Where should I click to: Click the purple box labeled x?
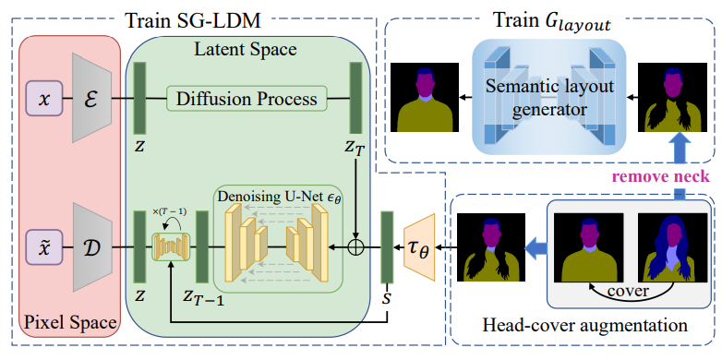coord(44,99)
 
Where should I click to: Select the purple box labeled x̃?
coord(44,247)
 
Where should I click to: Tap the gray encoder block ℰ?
coord(92,98)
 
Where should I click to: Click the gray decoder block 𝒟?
coord(92,247)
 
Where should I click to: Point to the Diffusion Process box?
coord(247,98)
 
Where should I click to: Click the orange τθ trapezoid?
coord(419,247)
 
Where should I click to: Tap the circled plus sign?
coord(356,247)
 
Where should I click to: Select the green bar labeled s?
coord(387,247)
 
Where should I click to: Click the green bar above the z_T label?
coord(356,98)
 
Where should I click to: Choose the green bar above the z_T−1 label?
coord(202,246)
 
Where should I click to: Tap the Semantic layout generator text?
coord(549,97)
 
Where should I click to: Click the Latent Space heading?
coord(246,48)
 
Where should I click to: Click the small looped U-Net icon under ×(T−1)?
coord(171,246)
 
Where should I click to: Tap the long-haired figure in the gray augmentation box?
coord(671,247)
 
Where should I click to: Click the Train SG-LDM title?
coord(193,20)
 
